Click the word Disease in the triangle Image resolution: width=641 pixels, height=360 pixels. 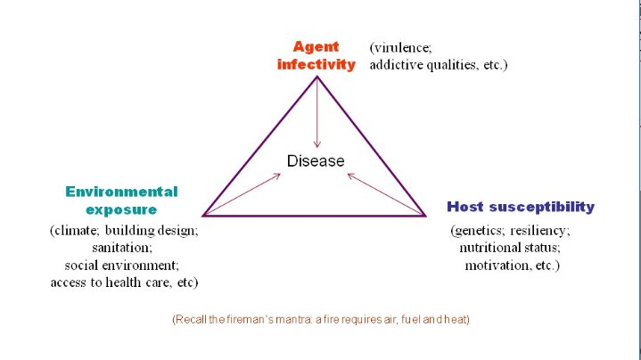316,161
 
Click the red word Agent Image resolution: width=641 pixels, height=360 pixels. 316,46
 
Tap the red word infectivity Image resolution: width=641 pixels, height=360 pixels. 316,65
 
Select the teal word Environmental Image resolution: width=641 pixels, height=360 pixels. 121,192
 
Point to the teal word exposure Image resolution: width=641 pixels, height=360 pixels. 121,210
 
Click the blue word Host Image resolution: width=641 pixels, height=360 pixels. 466,207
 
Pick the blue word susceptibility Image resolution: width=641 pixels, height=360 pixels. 541,207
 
